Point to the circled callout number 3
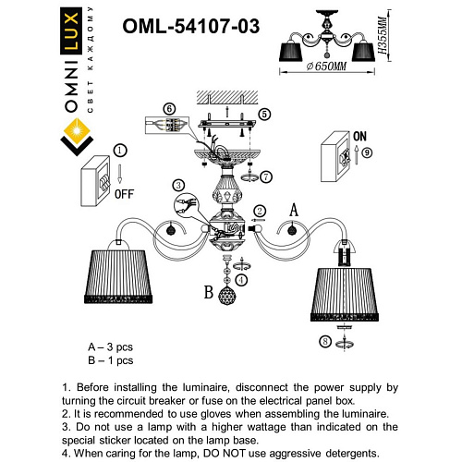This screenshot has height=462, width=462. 178,185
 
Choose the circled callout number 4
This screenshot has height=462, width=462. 241,278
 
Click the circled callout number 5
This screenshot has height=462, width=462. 265,115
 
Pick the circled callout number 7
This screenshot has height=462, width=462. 265,176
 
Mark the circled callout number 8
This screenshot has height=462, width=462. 325,342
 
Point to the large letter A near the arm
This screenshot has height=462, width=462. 294,211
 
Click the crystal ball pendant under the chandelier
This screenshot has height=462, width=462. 227,298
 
